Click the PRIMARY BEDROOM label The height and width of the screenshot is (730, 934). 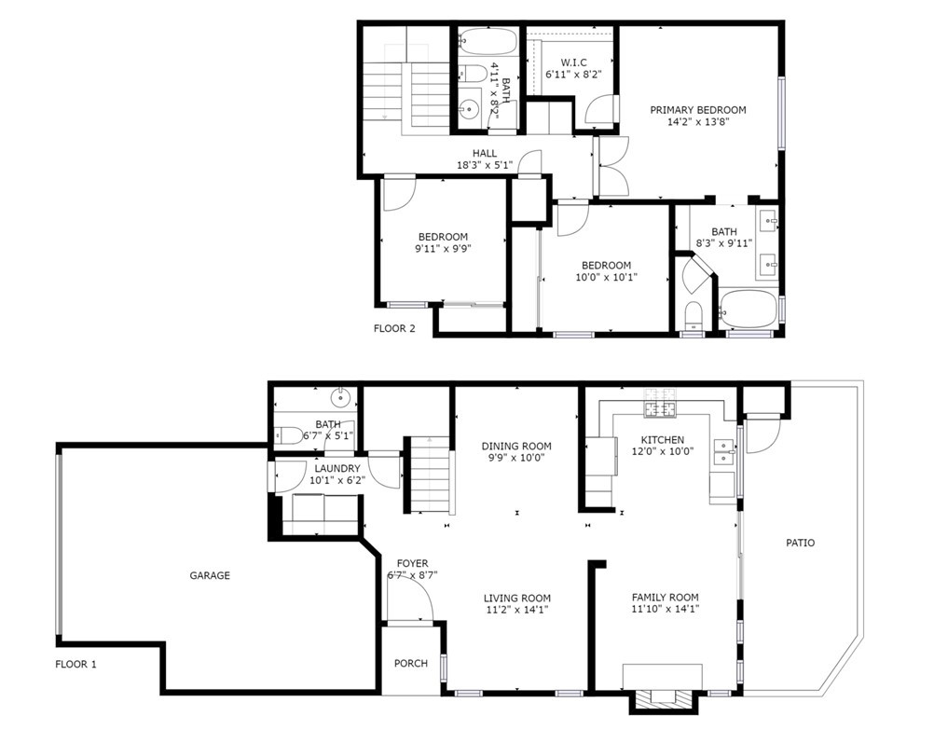click(697, 110)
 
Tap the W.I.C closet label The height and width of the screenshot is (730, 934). click(573, 62)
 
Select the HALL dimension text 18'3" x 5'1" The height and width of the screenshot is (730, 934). click(485, 165)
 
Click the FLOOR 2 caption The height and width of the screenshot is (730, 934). click(394, 328)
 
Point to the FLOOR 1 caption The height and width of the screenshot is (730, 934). click(76, 664)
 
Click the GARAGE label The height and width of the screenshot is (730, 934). click(210, 575)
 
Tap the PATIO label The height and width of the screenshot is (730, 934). click(800, 543)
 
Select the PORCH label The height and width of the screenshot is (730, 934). click(411, 663)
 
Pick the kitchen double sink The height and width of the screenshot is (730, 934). click(724, 451)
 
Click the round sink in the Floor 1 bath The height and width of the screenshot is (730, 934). click(340, 395)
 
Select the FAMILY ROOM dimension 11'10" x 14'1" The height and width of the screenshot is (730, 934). click(665, 609)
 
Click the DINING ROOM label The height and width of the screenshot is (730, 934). click(516, 447)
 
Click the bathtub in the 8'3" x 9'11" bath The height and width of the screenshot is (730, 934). click(749, 310)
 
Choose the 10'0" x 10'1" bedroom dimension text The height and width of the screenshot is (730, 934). click(607, 277)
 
